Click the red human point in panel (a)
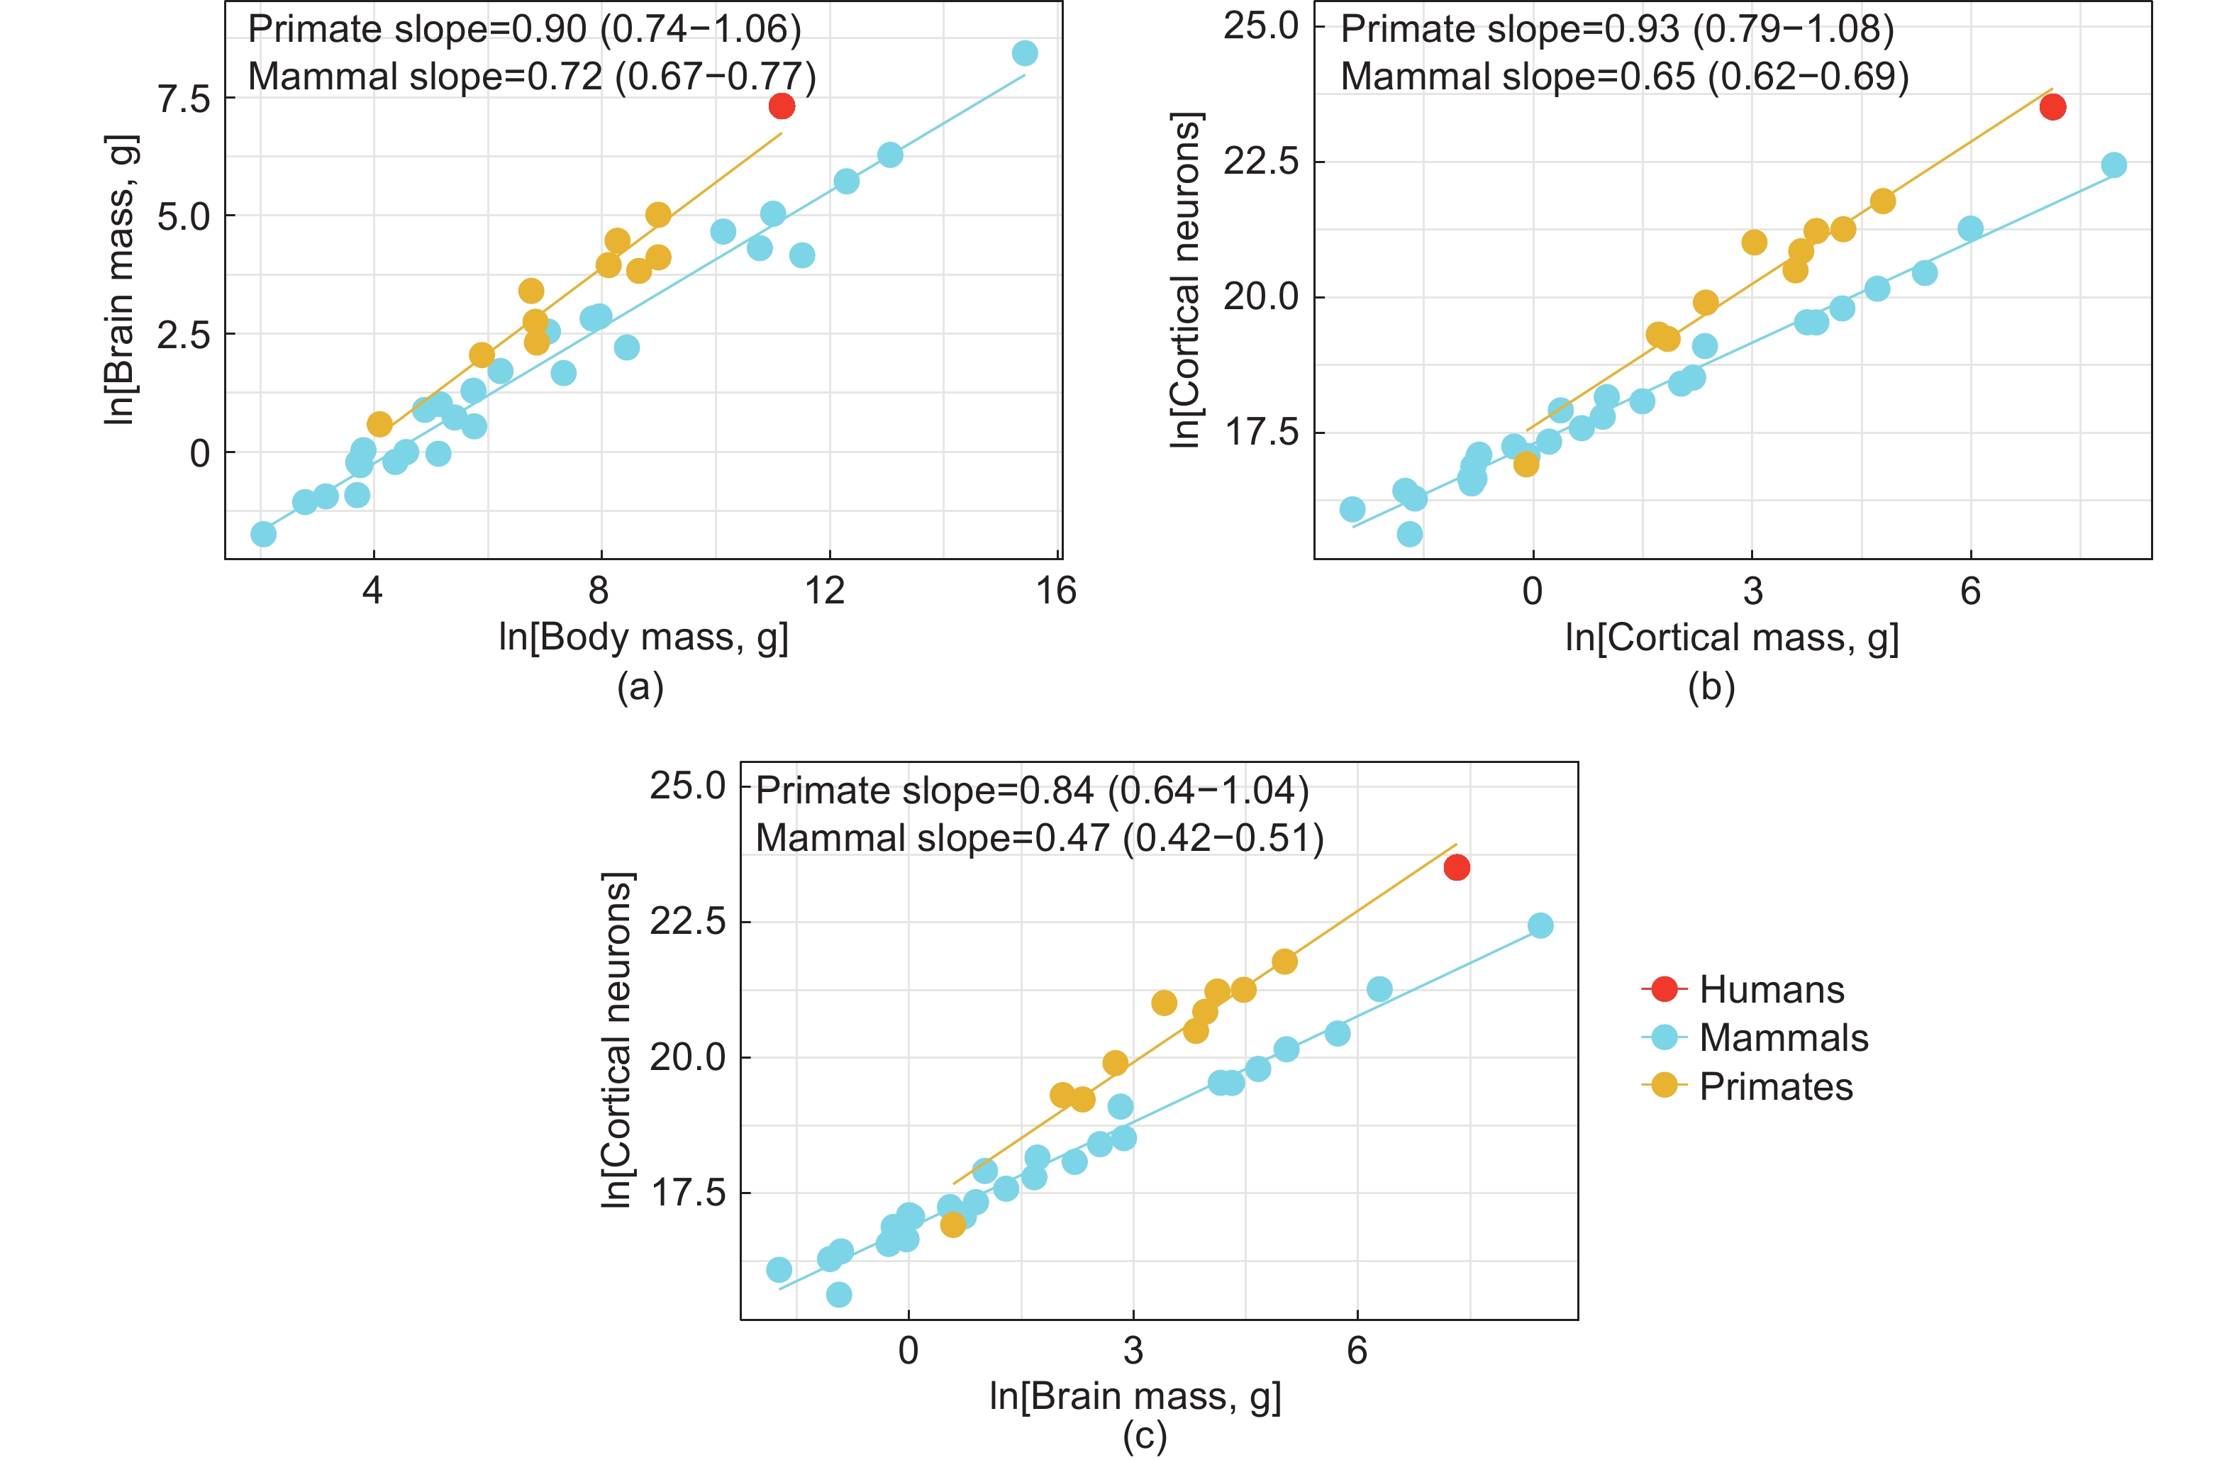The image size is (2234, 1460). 782,106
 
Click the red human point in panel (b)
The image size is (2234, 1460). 2053,107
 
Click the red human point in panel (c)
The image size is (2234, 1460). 1457,868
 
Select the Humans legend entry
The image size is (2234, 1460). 1770,990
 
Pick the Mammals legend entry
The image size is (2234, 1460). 1782,1038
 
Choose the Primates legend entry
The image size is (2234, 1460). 1775,1086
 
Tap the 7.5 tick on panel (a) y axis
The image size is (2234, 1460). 184,99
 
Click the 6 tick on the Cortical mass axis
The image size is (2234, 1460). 1970,591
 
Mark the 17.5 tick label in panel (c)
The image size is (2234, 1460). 687,1193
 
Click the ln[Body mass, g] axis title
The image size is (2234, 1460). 643,637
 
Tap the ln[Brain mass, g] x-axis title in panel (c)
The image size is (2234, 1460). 1135,1396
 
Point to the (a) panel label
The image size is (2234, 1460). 640,688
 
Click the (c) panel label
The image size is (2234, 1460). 1144,1437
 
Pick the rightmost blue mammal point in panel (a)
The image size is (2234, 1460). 1025,53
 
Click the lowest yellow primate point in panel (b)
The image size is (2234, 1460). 1526,464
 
